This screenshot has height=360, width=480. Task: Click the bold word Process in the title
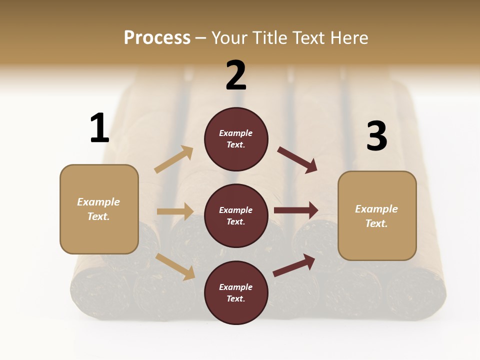(157, 37)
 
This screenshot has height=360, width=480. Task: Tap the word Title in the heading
(269, 37)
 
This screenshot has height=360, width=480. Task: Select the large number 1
(99, 128)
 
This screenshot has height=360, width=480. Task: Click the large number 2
(236, 75)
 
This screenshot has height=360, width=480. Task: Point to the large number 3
(376, 136)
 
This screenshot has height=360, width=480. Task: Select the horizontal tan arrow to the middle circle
(175, 211)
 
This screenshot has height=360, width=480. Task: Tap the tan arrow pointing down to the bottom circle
(175, 266)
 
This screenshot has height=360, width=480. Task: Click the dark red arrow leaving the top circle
(297, 159)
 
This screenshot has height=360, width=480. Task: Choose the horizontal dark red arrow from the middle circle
(296, 210)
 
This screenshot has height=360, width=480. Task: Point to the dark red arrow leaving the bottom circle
(294, 265)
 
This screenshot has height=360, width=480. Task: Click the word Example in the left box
(98, 202)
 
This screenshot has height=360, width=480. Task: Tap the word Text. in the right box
(376, 223)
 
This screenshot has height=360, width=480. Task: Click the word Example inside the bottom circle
(236, 287)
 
